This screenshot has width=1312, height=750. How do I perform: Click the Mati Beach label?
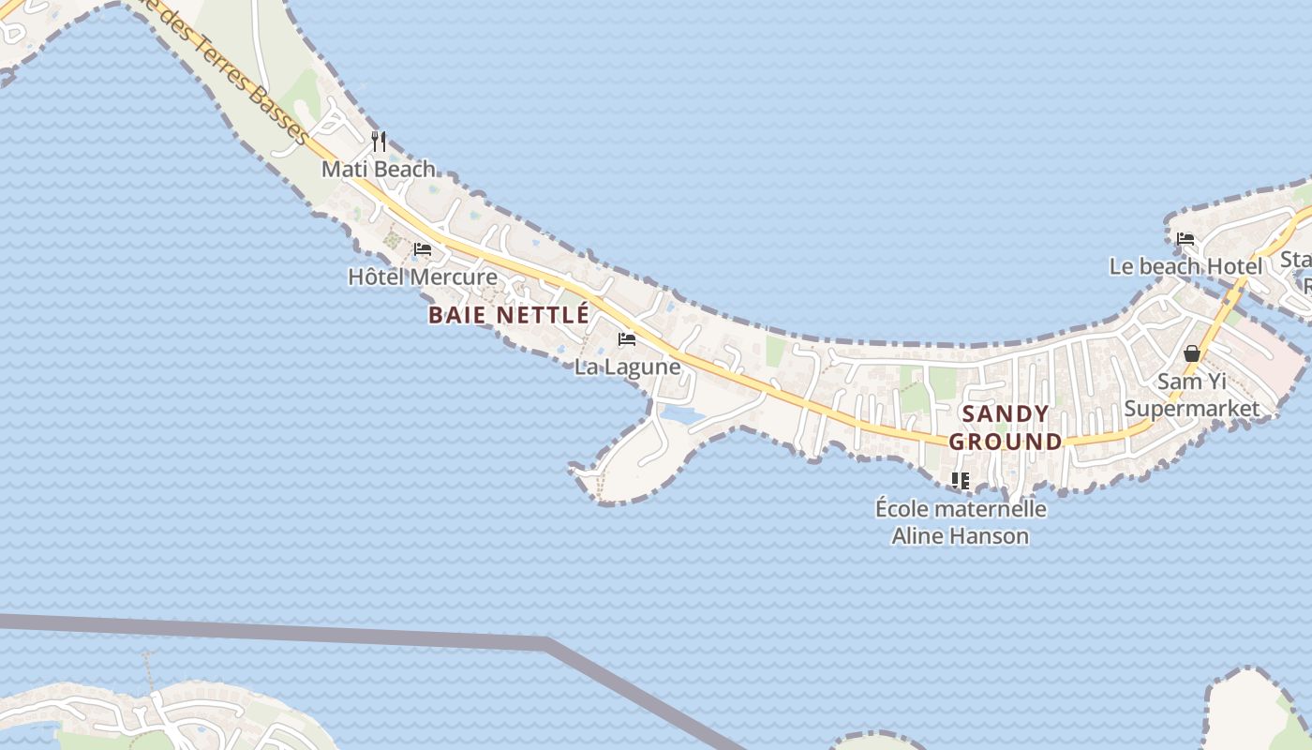coord(379,170)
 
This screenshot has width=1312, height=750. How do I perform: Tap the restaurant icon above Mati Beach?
coord(379,142)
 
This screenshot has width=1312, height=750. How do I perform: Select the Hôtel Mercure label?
coord(423,277)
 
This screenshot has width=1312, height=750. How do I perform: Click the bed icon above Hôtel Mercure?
coord(423,249)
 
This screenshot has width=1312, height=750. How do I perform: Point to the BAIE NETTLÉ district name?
coord(509,315)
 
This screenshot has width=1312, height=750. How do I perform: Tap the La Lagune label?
coord(627,367)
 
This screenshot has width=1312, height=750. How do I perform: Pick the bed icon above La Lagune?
coord(627,338)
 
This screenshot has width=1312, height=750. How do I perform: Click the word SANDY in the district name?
coord(1006,413)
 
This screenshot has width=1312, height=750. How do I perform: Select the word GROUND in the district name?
coord(1006,442)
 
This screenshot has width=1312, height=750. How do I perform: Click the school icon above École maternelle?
coord(961,481)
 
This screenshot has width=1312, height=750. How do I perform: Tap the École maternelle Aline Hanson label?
coord(961,522)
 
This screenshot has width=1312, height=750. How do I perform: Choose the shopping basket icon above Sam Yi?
coord(1192,353)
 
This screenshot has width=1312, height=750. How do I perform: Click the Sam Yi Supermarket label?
coord(1192,395)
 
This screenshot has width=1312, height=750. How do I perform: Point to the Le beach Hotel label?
coord(1185,266)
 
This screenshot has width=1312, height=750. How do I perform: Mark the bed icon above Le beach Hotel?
coord(1185,239)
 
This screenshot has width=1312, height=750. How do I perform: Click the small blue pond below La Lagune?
coord(679,413)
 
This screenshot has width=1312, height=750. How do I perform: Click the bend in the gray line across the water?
coord(548,643)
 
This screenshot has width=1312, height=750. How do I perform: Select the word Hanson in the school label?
coord(991,536)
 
